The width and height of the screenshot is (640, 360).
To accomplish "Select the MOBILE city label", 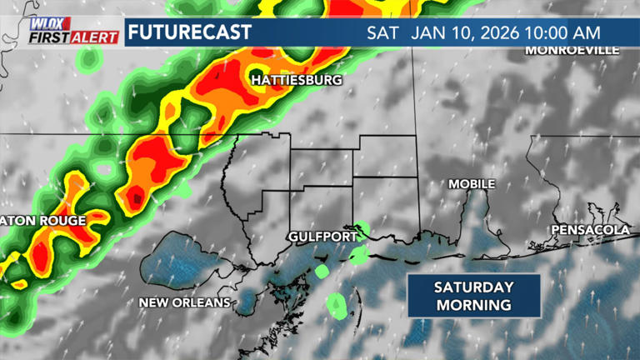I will [x=472, y=183].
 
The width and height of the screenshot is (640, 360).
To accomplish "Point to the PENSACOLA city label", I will [x=590, y=229].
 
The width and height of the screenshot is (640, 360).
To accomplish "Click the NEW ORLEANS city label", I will [x=184, y=302].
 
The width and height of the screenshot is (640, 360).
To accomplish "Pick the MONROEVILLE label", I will [x=572, y=50].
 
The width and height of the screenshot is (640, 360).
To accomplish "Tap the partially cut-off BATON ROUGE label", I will [x=42, y=221].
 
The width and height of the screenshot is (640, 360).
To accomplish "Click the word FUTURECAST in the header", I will [x=189, y=32].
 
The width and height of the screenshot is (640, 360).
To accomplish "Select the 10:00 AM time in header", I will [x=566, y=33].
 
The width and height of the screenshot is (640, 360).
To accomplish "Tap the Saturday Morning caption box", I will [x=472, y=296].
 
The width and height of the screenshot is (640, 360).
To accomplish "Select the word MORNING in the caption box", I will [x=472, y=305].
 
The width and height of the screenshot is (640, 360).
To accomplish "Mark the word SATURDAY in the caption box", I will [x=472, y=287].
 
